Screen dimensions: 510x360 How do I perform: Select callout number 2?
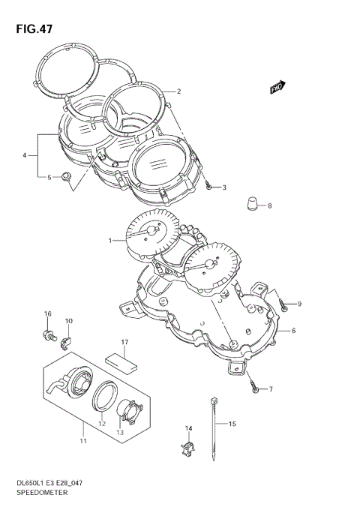tap(178, 91)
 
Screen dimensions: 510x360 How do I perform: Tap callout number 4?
tap(25, 155)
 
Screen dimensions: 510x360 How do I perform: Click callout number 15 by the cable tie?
tap(232, 424)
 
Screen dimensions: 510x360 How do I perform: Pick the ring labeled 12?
tap(102, 396)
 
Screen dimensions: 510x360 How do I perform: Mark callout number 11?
tap(84, 441)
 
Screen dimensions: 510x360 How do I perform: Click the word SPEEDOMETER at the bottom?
tap(38, 495)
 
